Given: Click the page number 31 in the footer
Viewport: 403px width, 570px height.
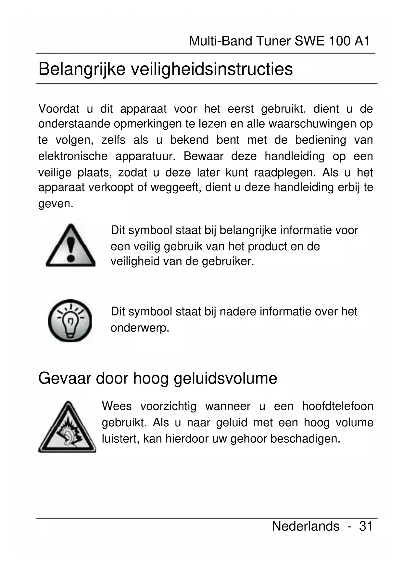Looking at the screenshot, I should point(365,526).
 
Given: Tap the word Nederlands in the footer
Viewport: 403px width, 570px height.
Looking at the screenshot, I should point(305,526).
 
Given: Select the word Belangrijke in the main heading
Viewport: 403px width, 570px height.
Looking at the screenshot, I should point(82,69).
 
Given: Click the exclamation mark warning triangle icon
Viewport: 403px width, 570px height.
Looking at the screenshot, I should point(70,246).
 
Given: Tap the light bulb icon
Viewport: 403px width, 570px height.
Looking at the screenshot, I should point(70,320).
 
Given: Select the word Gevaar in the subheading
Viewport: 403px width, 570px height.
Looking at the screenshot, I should point(65,378).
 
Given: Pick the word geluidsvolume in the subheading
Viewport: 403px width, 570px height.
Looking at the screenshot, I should point(225,379).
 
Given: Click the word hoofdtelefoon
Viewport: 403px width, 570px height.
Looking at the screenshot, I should point(337,406).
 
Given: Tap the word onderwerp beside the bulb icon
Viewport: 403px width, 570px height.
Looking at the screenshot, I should point(140,328).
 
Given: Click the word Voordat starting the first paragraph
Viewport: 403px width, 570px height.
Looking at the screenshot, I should point(59,109).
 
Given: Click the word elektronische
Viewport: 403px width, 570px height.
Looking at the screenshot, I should point(73,156).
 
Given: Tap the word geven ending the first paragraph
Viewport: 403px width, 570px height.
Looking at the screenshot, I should point(56,204).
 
